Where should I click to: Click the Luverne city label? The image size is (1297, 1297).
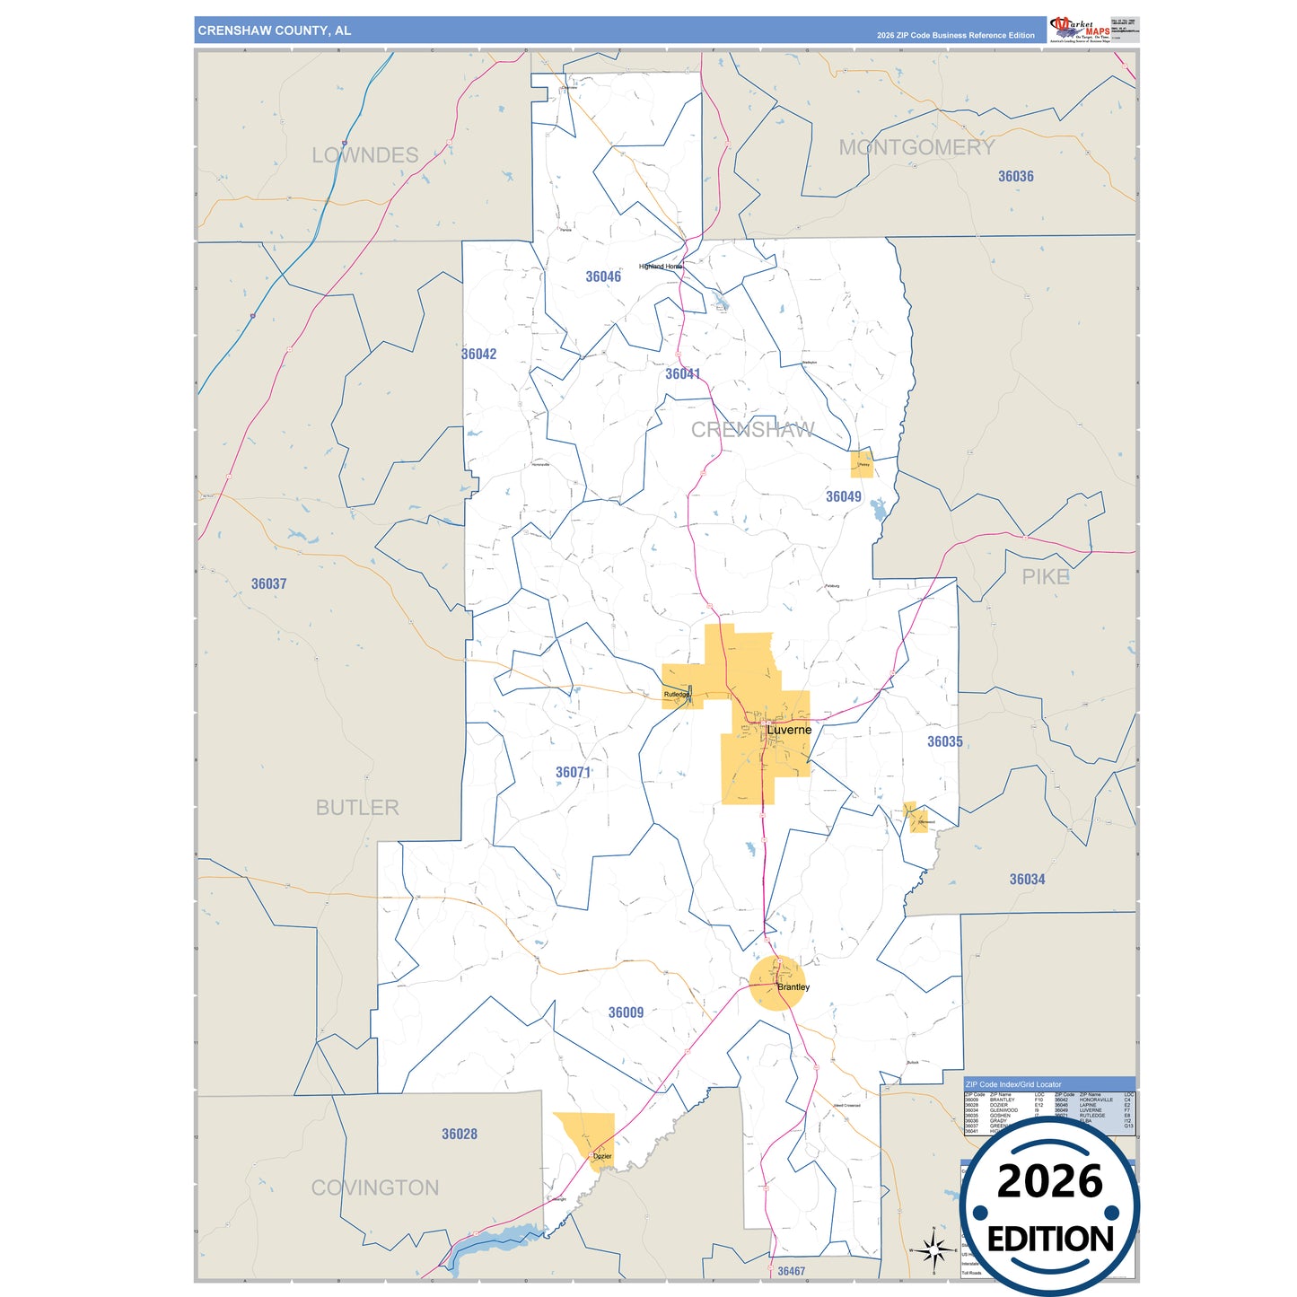[789, 730]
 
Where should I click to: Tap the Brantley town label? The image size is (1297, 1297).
[793, 987]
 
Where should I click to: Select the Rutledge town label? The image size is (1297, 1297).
[677, 695]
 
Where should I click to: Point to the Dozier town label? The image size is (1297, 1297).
[602, 1156]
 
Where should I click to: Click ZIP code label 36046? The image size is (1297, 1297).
[603, 276]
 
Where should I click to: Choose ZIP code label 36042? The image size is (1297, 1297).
[478, 354]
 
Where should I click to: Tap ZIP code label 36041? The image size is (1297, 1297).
[683, 373]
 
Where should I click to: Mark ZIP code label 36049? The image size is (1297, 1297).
[843, 496]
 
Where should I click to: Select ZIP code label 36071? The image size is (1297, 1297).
[573, 772]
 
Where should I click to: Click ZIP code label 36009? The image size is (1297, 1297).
[626, 1012]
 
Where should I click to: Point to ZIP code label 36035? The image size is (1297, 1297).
[944, 741]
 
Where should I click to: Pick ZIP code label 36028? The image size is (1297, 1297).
[460, 1134]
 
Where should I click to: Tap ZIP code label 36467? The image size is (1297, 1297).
[791, 1271]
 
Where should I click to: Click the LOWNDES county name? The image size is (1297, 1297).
[365, 155]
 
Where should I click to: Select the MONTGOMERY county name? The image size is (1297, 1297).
[916, 147]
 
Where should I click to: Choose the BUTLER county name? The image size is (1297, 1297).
[357, 807]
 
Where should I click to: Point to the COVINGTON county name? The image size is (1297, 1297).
[375, 1187]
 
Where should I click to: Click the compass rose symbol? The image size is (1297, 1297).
[933, 1249]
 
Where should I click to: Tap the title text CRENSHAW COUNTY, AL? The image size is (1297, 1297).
[275, 31]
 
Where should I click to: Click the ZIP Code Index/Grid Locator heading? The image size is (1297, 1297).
[1013, 1084]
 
